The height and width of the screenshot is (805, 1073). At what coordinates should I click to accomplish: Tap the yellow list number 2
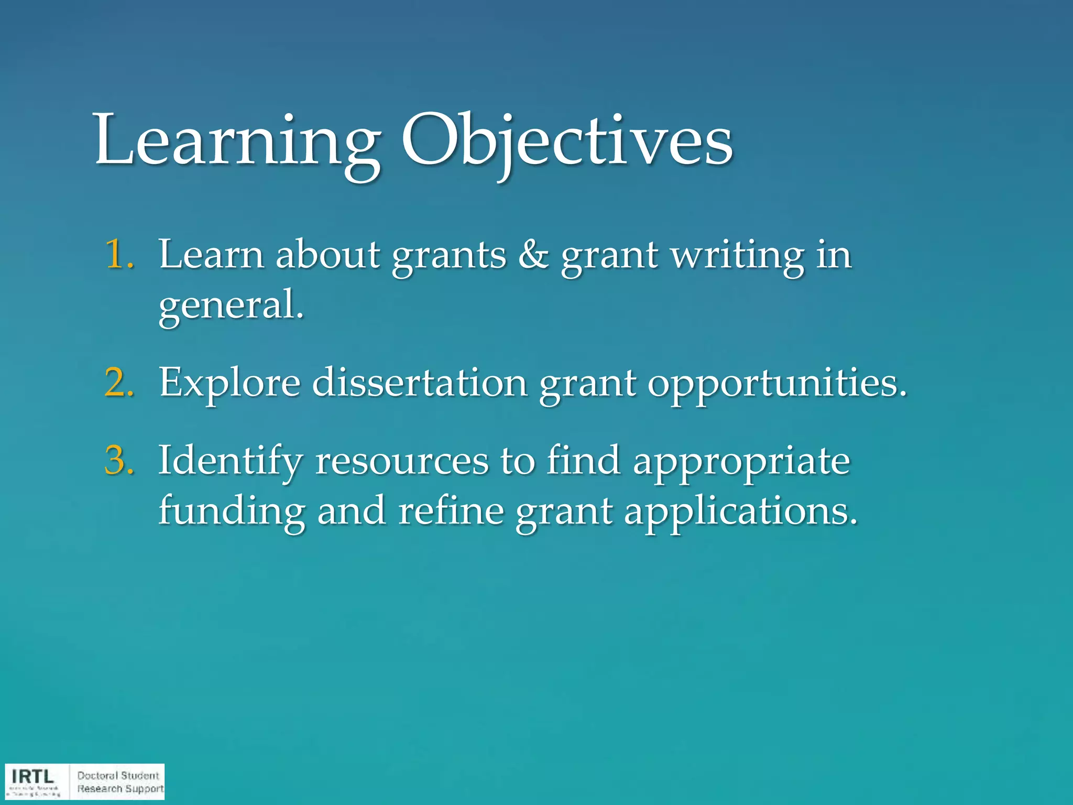point(119,383)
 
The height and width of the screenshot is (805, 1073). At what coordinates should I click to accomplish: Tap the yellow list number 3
point(119,460)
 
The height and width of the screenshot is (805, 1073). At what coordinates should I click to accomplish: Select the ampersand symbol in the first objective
point(533,255)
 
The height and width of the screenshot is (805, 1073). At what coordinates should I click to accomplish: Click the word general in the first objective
point(231,306)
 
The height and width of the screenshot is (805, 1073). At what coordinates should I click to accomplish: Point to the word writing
point(738,256)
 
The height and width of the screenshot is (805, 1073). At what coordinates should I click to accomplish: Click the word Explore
point(229,384)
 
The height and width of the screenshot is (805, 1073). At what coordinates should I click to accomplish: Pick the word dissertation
point(419,383)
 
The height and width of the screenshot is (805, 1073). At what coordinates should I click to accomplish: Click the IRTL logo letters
point(32,776)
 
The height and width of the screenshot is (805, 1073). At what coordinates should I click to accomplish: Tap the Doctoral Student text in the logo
point(118,775)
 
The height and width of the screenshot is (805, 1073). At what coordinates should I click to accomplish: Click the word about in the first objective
point(327,255)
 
